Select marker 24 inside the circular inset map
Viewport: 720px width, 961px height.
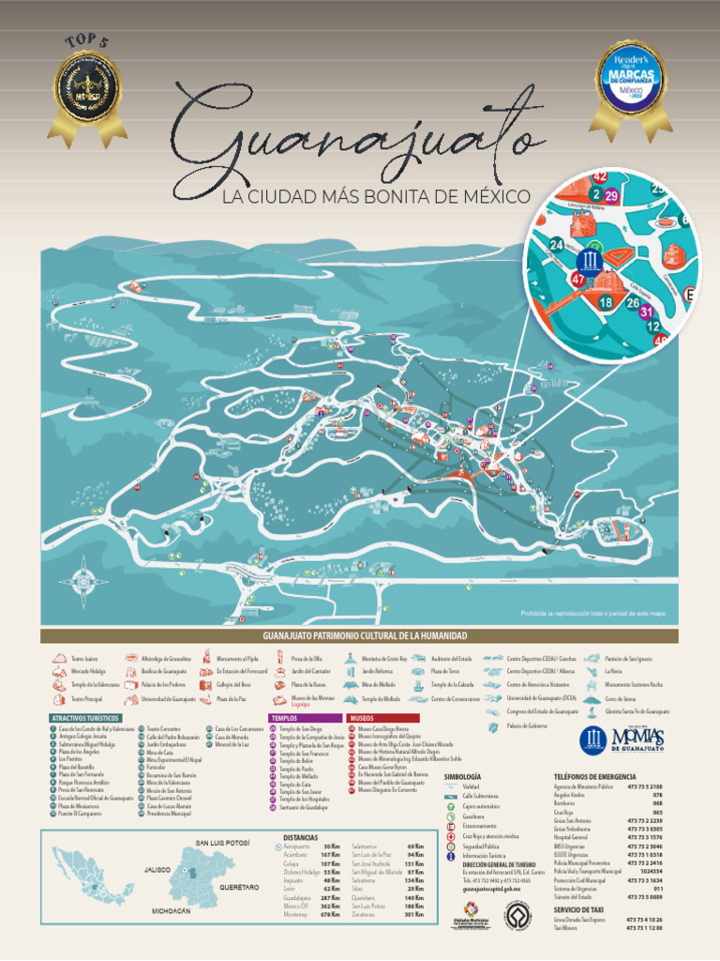(x=557, y=246)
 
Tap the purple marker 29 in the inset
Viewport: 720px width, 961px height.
(x=611, y=195)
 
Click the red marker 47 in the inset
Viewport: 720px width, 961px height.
(x=578, y=279)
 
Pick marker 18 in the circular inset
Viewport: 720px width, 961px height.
(x=606, y=302)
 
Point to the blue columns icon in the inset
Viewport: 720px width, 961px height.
(x=592, y=260)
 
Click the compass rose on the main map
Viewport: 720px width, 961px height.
(x=82, y=581)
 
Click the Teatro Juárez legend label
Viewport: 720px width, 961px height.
(x=85, y=659)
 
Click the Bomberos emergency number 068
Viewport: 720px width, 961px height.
(x=657, y=803)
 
